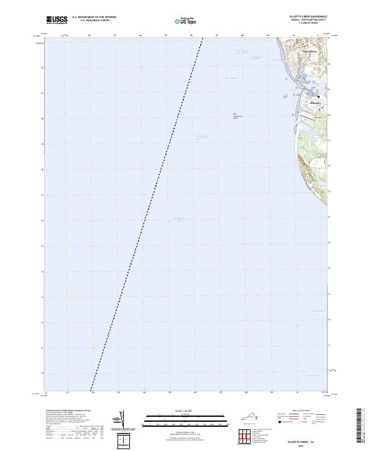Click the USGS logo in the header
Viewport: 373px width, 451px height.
[57, 21]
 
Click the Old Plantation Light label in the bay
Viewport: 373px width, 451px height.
[236, 115]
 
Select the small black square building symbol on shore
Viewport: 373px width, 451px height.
[318, 97]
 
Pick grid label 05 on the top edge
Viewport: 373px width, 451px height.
[166, 36]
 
